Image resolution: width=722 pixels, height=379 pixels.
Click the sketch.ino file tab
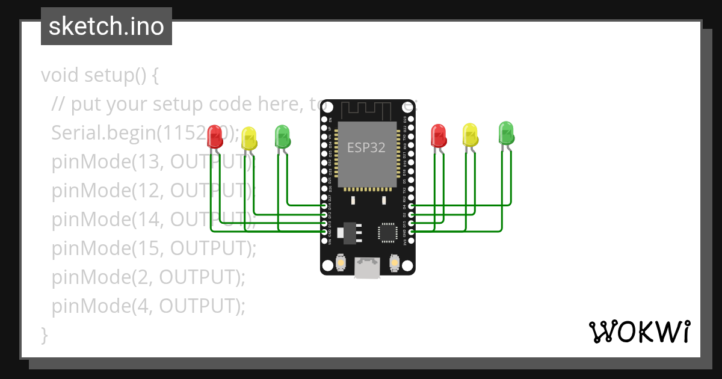106,26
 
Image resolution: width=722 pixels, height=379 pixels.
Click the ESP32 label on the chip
366,147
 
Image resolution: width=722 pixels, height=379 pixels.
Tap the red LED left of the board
214,137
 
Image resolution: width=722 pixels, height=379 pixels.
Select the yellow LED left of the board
249,139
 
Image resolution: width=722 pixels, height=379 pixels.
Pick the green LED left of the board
282,137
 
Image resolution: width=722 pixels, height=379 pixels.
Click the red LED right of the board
439,136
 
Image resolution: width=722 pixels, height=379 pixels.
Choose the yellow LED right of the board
471,135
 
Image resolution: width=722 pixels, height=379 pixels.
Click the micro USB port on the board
367,268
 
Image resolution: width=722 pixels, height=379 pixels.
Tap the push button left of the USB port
341,263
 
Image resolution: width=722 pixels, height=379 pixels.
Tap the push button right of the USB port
394,263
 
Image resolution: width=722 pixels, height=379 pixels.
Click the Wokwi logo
638,332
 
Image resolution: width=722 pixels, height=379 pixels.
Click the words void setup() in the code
99,76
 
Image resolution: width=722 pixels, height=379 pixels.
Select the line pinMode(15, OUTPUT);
154,248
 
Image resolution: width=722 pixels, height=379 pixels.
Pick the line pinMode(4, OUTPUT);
149,306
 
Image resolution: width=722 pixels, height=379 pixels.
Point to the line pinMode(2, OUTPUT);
149,277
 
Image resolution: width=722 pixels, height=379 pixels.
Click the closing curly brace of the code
44,334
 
